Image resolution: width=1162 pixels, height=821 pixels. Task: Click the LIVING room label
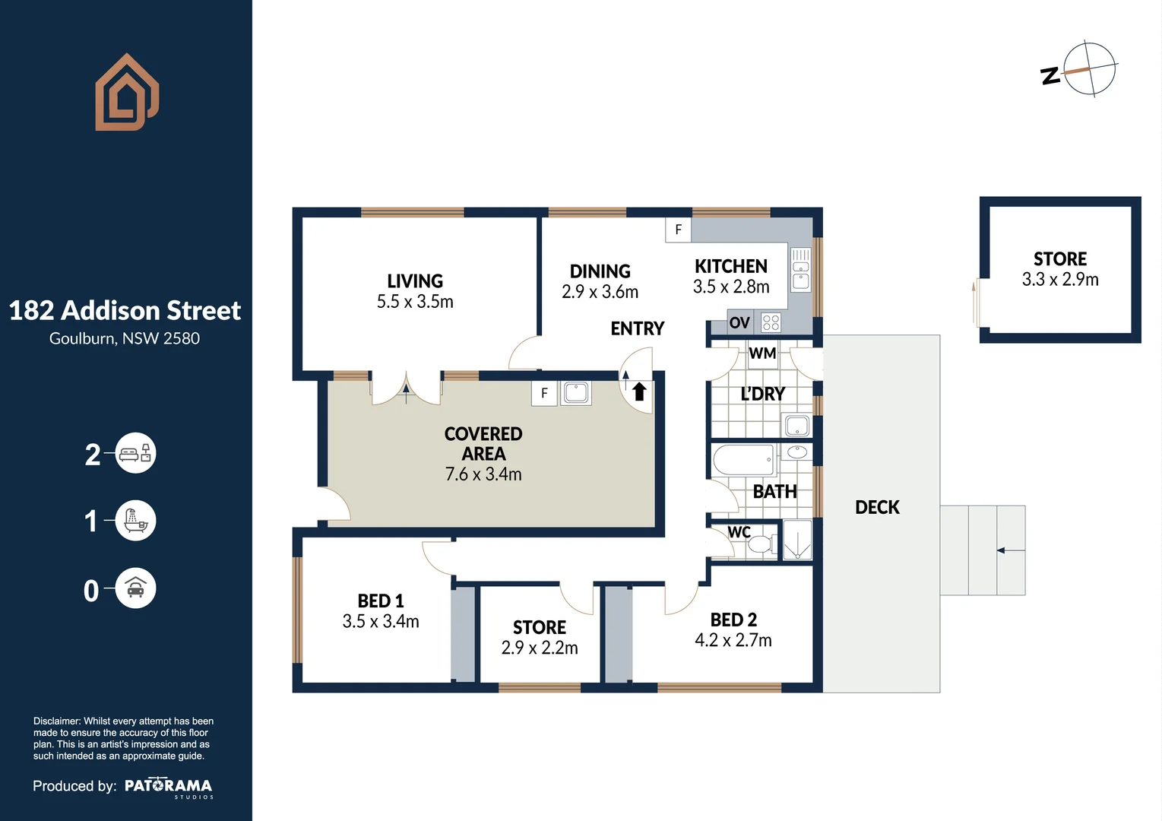coord(415,281)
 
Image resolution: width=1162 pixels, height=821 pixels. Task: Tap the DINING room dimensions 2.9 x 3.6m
coord(600,292)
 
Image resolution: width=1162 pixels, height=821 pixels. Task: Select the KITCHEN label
coord(731,266)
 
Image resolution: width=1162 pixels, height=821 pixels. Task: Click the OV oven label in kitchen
coord(739,323)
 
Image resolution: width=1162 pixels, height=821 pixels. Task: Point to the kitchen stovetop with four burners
coord(771,322)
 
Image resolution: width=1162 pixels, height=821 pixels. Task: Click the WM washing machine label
coord(762,353)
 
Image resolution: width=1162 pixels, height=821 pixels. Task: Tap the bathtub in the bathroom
coord(743,460)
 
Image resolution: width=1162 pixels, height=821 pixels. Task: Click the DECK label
coord(877,507)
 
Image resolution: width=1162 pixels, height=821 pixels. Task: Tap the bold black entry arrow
coord(639,391)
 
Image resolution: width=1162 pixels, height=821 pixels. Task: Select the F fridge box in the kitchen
coord(679,230)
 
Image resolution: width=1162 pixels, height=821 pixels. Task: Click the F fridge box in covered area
coord(544,393)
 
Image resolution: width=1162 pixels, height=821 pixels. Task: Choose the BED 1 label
coord(381,601)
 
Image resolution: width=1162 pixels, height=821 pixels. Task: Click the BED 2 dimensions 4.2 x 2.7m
coord(733,640)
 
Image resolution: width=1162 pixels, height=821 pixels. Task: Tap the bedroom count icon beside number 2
coord(135,454)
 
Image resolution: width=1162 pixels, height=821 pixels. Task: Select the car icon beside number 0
coord(135,588)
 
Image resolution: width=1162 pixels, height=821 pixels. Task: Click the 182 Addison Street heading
coord(125,310)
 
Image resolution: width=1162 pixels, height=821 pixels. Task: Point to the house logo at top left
coord(126,93)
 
